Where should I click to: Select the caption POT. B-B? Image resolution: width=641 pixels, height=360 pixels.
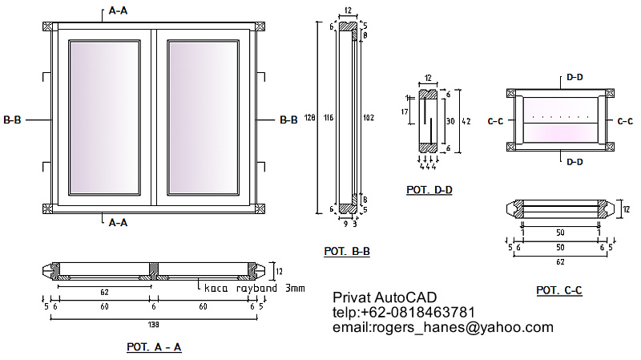(347, 251)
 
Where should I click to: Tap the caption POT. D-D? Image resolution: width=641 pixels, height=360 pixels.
(429, 191)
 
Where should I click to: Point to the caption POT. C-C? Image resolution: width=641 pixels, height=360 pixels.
(559, 289)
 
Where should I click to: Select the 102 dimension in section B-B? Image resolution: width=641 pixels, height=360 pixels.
(369, 117)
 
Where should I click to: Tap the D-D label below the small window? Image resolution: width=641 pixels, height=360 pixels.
(574, 162)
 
